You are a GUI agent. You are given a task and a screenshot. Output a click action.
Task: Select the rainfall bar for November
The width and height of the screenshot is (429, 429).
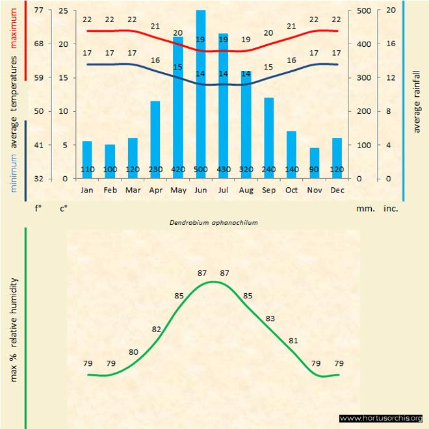(x=315, y=163)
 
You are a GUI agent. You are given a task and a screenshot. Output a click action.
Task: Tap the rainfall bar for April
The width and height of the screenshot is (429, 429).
(x=155, y=139)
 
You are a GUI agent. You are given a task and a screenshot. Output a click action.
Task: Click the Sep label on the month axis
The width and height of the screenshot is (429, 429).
(x=268, y=190)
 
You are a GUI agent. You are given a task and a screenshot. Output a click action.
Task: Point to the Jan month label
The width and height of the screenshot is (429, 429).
(x=87, y=190)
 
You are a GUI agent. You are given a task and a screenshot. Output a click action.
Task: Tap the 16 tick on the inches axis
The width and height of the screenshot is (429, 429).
(x=391, y=44)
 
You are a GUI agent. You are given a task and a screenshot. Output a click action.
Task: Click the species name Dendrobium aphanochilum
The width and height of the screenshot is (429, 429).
(x=214, y=222)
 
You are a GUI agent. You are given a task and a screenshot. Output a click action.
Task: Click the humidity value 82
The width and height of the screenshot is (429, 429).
(x=157, y=330)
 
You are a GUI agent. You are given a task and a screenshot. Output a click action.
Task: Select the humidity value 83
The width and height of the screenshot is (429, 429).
(x=270, y=318)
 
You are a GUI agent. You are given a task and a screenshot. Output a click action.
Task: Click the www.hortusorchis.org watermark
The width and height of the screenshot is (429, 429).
(x=381, y=418)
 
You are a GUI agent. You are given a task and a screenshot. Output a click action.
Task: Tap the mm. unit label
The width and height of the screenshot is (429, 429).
(x=363, y=209)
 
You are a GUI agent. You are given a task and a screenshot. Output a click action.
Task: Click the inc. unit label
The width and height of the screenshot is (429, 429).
(x=391, y=209)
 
